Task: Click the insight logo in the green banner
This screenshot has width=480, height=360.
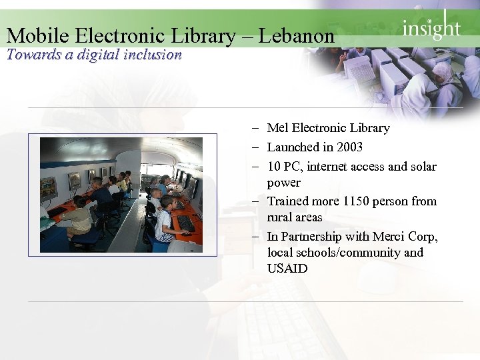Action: pos(431,28)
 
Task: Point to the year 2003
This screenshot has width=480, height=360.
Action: pos(349,147)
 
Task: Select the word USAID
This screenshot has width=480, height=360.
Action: pos(287,269)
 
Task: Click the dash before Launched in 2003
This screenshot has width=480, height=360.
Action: pos(256,147)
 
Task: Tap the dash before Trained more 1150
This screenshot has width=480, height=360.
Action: pos(256,201)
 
